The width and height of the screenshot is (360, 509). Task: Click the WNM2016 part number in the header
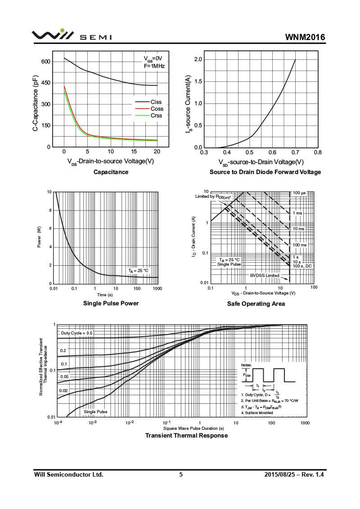click(x=305, y=37)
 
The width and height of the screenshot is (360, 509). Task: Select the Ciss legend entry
click(x=156, y=102)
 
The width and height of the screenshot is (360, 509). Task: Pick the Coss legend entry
click(x=157, y=109)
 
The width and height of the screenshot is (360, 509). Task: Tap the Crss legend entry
click(x=156, y=116)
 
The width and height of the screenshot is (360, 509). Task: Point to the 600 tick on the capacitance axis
click(x=46, y=62)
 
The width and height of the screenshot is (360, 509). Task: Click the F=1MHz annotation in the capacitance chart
click(x=154, y=66)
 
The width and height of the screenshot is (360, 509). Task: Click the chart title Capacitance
click(x=111, y=172)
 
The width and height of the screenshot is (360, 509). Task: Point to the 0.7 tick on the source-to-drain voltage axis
click(x=295, y=152)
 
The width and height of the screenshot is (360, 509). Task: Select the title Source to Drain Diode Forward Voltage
click(x=265, y=172)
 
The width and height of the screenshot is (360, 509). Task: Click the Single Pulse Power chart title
click(x=111, y=304)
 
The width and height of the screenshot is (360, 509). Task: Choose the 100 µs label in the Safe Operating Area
click(x=299, y=193)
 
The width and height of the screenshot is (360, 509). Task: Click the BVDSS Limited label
click(x=265, y=276)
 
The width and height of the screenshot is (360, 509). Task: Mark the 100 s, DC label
click(x=302, y=267)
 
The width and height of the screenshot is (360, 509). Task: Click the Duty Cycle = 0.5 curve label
click(x=77, y=333)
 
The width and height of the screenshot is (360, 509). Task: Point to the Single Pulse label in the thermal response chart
click(x=95, y=412)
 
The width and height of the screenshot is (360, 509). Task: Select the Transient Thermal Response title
click(x=186, y=436)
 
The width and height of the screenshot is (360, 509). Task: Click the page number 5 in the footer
click(x=181, y=475)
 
